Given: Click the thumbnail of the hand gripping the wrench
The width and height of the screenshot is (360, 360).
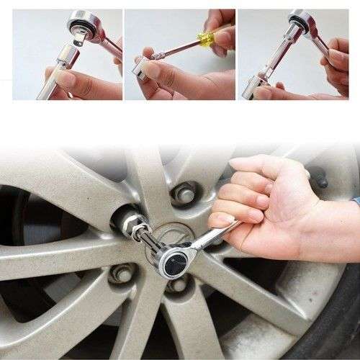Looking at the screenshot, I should [220, 220].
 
